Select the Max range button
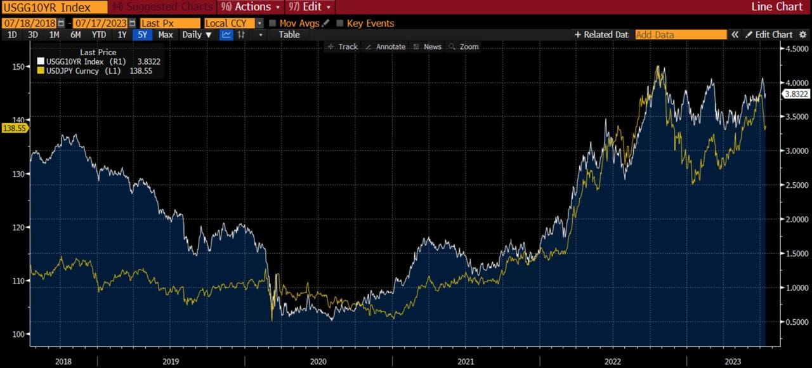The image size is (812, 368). click(x=166, y=35)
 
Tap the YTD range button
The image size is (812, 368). click(x=98, y=35)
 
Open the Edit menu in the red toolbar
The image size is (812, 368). click(x=311, y=7)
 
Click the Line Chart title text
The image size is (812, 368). click(x=776, y=7)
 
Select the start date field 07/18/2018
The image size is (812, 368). click(x=30, y=23)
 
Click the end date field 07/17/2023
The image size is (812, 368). click(x=100, y=23)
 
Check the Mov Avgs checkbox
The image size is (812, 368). click(x=273, y=23)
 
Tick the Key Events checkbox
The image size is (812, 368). click(x=340, y=23)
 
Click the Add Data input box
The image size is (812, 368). click(x=681, y=35)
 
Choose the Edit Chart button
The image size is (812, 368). click(x=769, y=35)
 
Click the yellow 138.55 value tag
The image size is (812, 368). click(x=14, y=128)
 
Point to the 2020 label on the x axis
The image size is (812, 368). click(x=318, y=361)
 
